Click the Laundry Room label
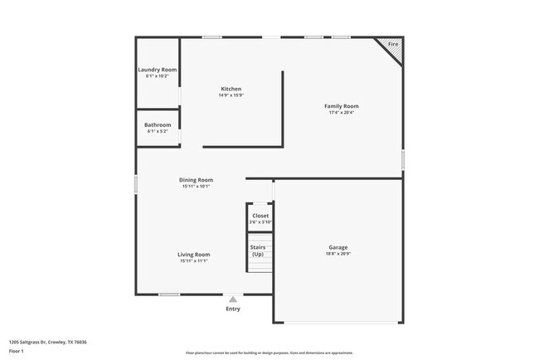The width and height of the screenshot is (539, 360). (157, 70)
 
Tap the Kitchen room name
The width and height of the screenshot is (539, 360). (231, 89)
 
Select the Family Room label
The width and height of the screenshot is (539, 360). (341, 106)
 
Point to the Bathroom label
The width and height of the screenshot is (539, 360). (158, 125)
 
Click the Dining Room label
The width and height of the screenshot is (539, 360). (197, 180)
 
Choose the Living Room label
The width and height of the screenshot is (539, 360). (193, 255)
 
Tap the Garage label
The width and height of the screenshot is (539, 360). (337, 247)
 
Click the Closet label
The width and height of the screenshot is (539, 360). (260, 216)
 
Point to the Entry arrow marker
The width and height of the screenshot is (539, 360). (233, 299)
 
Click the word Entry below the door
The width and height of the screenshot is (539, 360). (233, 309)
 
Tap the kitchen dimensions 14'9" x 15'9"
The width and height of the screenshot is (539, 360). (231, 95)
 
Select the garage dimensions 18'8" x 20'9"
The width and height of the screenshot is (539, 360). (337, 254)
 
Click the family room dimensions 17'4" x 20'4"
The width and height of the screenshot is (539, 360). (341, 113)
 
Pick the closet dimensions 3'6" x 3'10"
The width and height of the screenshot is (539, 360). (260, 222)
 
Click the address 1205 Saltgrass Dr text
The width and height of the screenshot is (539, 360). (48, 342)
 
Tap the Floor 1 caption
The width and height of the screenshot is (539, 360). (17, 351)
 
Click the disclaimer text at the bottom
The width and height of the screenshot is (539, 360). (269, 353)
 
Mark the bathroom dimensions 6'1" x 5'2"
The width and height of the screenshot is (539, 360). (158, 131)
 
